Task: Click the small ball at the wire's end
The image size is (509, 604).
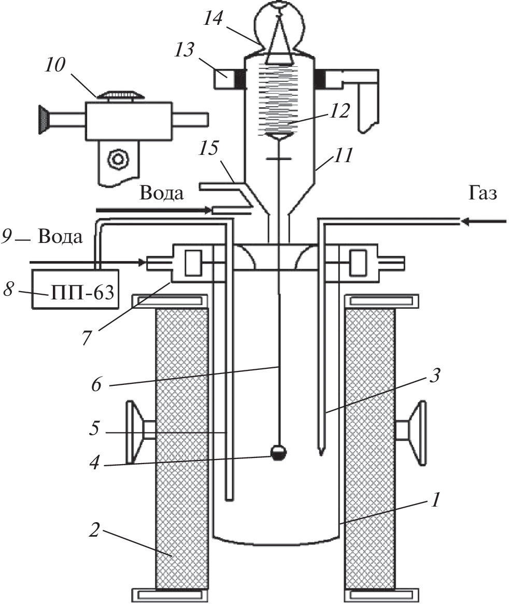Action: click(279, 453)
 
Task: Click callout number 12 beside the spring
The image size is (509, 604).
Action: click(342, 110)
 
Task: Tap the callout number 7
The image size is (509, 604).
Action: click(88, 336)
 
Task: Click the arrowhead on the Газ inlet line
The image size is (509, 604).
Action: click(466, 222)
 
